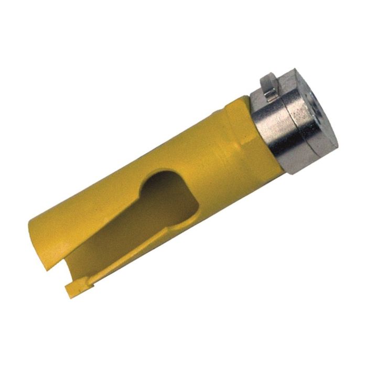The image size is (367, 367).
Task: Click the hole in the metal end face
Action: point(322,105)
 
